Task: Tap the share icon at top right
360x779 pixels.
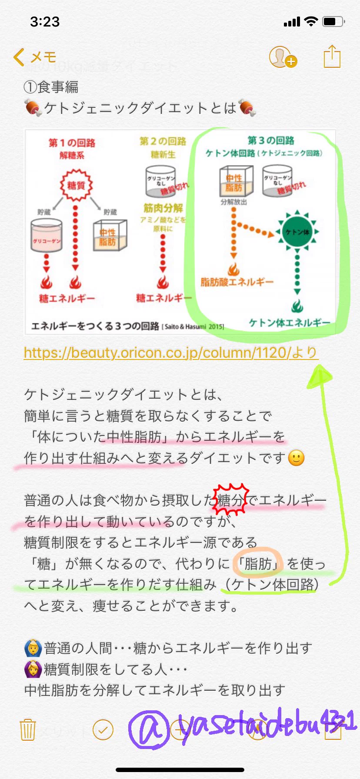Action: pos(332,57)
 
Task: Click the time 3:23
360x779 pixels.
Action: pos(45,22)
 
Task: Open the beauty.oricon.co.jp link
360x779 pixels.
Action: pos(171,353)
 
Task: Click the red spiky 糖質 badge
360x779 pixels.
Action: pos(76,186)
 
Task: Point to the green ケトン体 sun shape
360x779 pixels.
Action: pos(297,232)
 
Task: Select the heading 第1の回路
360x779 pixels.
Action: pos(72,143)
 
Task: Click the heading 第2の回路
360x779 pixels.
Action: pos(163,141)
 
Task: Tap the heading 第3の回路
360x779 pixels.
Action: pos(271,140)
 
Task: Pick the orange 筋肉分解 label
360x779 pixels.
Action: pos(163,208)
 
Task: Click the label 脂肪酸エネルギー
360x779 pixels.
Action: pos(237,282)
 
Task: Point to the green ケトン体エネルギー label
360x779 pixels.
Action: pos(290,323)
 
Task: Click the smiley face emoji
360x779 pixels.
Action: pos(297,458)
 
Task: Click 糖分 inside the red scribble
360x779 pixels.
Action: pos(230,500)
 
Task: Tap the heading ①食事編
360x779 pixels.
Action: pos(51,87)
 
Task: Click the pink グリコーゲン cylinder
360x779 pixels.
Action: pos(47,235)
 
